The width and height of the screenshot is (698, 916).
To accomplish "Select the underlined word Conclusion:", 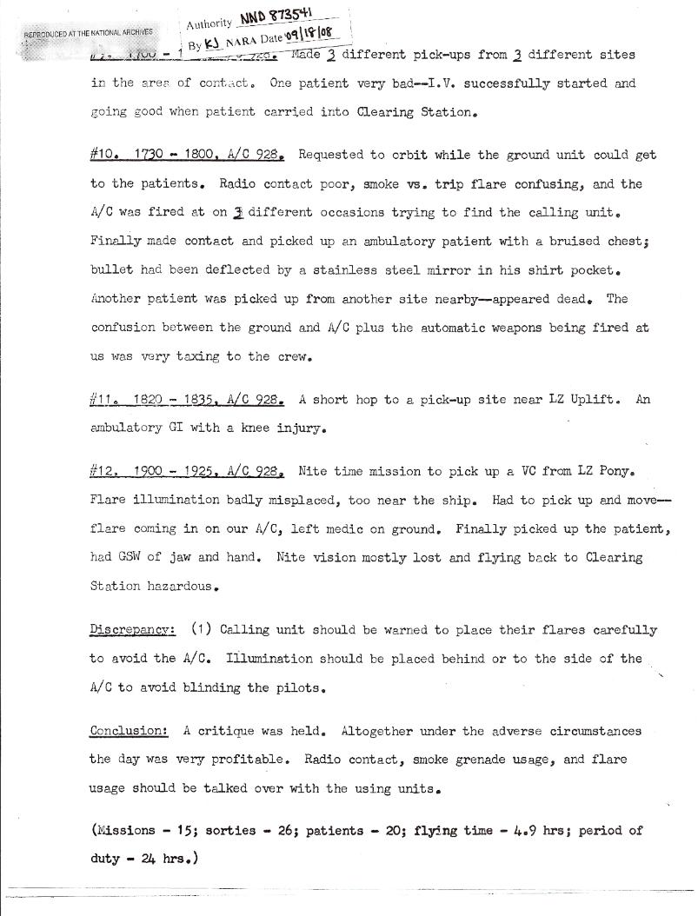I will (129, 731).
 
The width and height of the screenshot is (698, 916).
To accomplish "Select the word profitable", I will (238, 760).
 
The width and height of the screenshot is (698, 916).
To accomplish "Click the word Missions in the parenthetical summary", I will (129, 830).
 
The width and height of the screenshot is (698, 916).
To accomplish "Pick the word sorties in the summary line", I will (232, 830).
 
